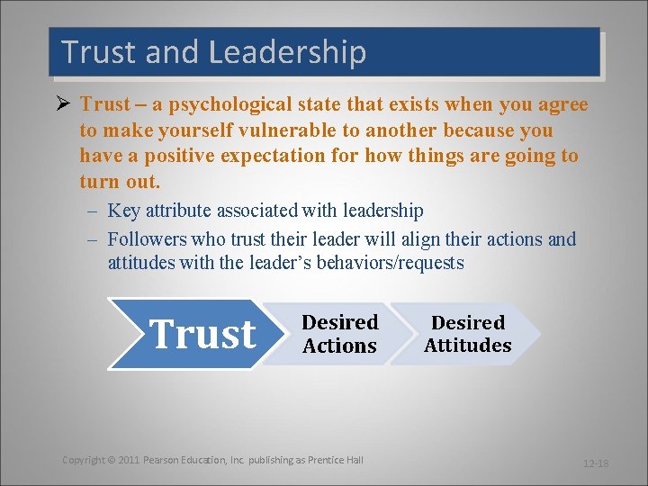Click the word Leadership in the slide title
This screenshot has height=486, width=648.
click(x=287, y=52)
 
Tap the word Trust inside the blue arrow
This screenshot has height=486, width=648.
click(x=202, y=334)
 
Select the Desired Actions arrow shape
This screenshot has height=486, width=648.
click(x=339, y=334)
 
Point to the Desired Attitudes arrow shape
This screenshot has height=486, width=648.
click(x=467, y=334)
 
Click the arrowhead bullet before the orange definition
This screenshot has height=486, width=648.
click(x=62, y=104)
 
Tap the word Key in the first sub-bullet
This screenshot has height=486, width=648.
click(x=122, y=211)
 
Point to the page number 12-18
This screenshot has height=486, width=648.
click(x=596, y=463)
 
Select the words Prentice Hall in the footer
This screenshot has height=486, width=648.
click(x=336, y=460)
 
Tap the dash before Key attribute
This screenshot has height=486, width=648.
click(x=93, y=211)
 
